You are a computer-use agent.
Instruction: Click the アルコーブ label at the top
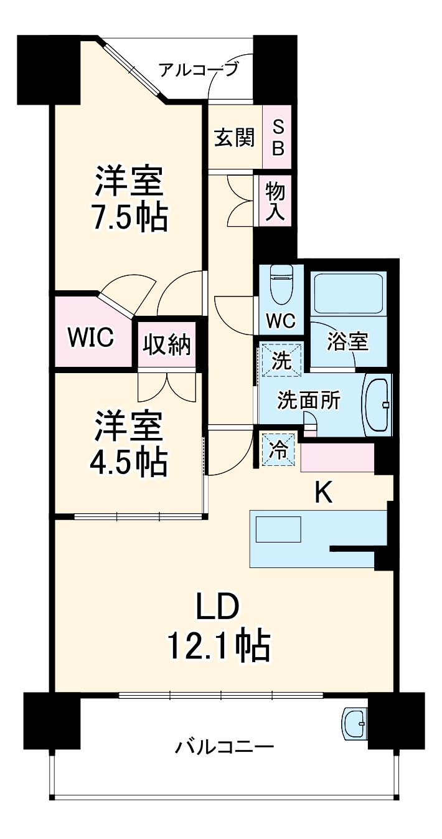click(x=198, y=69)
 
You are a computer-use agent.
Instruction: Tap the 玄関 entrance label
click(x=235, y=138)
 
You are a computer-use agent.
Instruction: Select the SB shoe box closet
click(x=278, y=137)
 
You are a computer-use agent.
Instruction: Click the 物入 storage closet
click(x=275, y=201)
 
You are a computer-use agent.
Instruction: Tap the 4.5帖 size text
click(x=129, y=460)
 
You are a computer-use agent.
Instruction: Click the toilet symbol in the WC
click(x=280, y=286)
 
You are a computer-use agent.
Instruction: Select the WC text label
click(x=281, y=321)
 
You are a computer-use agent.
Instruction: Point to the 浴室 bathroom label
click(x=348, y=341)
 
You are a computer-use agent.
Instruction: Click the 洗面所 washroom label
click(x=309, y=401)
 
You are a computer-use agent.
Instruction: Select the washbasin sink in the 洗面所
click(x=377, y=405)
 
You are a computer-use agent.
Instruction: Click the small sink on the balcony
click(x=354, y=723)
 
